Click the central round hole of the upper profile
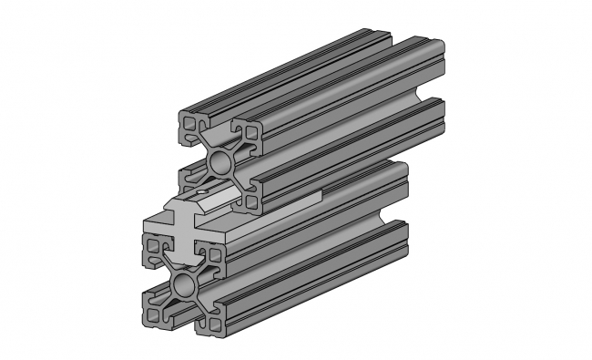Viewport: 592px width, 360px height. coord(220,163)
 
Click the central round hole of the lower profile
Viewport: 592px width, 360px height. coord(183,283)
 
